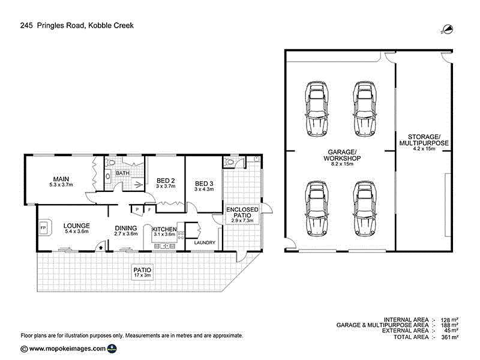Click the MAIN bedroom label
click(x=60, y=179)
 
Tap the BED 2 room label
click(x=165, y=181)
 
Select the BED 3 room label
click(x=203, y=184)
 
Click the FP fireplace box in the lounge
click(x=43, y=228)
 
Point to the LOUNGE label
click(x=76, y=226)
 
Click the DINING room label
click(x=127, y=228)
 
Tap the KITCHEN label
click(x=164, y=229)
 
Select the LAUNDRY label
click(x=205, y=242)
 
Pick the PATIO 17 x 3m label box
click(x=143, y=273)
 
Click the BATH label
click(x=122, y=173)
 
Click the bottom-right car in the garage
click(x=364, y=208)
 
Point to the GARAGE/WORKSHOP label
click(x=342, y=155)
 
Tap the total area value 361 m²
click(x=450, y=337)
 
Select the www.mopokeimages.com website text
click(x=67, y=348)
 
